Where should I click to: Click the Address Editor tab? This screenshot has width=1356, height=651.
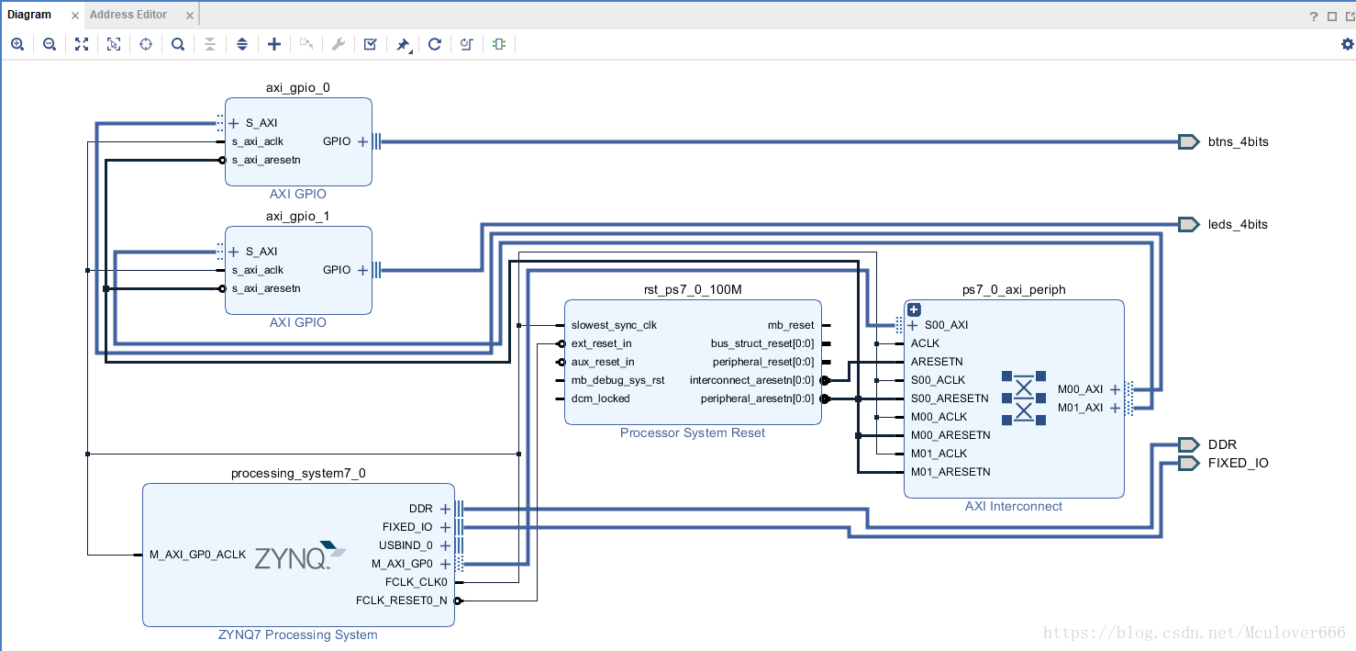pos(128,15)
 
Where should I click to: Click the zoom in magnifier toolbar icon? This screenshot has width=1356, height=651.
pos(17,44)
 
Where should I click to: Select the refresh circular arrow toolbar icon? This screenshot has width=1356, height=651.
pos(435,44)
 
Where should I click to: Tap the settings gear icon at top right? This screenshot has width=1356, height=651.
pos(1347,44)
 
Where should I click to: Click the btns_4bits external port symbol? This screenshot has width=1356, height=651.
pos(1188,141)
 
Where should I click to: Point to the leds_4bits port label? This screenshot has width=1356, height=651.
pos(1238,225)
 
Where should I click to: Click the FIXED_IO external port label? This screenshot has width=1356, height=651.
pos(1238,464)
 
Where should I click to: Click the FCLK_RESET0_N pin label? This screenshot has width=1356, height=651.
pos(401,600)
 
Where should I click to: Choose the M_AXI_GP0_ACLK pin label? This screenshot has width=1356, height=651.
pos(197,555)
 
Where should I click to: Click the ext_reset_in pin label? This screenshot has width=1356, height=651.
pos(601,344)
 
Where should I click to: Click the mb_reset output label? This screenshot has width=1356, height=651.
pos(791,326)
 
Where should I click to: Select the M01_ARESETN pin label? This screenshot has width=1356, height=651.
pos(950,472)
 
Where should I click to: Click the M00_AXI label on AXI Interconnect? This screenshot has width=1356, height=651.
pos(1080,389)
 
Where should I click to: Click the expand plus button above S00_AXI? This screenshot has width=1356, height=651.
pos(914,310)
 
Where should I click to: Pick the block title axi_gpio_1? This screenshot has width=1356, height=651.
pos(298,216)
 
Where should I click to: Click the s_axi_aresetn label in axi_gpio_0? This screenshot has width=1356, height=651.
pos(266,161)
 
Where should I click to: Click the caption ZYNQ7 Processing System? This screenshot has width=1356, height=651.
pos(298,634)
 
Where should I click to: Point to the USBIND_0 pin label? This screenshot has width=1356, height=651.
pos(406,545)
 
